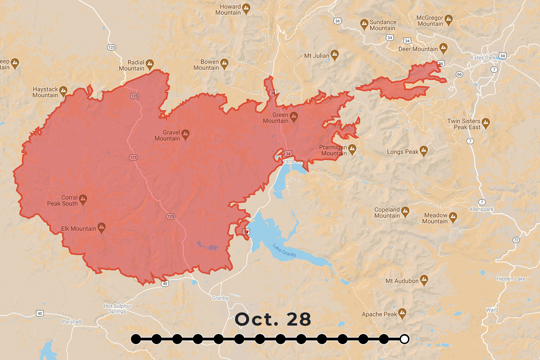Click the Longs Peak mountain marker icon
[x=424, y=151]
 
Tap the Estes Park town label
[x=483, y=58]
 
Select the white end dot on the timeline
[x=404, y=339]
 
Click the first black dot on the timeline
[x=136, y=339]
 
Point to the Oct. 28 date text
[x=273, y=319]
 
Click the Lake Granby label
[x=284, y=250]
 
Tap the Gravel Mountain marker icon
[x=185, y=134]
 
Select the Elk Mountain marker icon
[x=102, y=227]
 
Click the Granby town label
[x=220, y=298]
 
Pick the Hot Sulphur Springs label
[x=118, y=309]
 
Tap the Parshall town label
[x=72, y=322]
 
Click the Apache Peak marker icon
[x=402, y=313]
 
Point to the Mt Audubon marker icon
[x=424, y=280]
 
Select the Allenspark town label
[x=481, y=209]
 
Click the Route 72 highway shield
[x=516, y=240]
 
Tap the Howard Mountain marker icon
[x=246, y=8]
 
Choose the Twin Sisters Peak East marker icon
[x=486, y=123]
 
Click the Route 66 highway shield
[x=459, y=74]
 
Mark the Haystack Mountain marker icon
[x=63, y=91]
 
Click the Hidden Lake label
[x=511, y=279]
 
